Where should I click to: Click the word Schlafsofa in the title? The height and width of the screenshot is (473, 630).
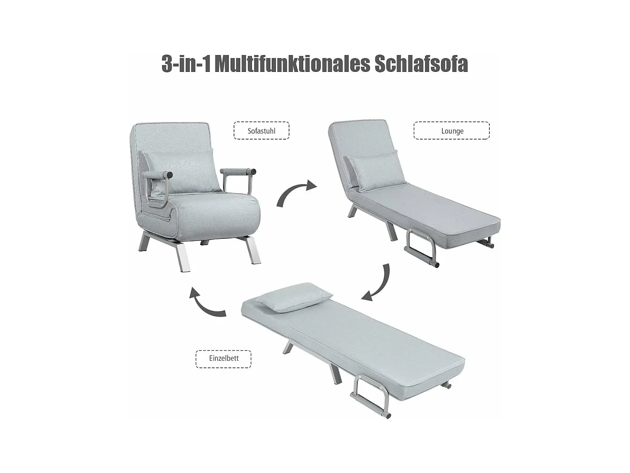pos(421,64)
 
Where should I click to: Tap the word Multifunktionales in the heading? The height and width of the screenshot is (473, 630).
pos(292,64)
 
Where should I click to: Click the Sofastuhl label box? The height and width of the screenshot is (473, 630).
pos(261,131)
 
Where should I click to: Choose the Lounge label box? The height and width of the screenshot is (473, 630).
pos(451,131)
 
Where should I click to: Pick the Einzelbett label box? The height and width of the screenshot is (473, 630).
pos(223,359)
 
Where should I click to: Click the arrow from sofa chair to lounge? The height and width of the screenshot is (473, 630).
pos(295,193)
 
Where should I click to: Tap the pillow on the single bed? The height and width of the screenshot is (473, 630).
pos(293,296)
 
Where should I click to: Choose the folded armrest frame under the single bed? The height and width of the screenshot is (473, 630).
pos(370,395)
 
